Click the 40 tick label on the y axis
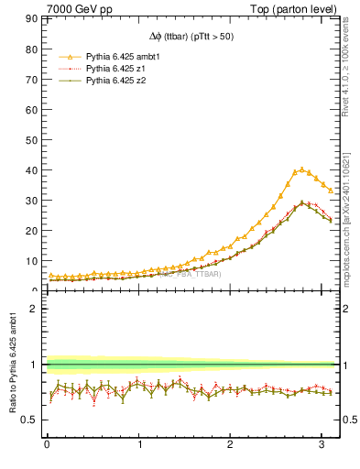click(30, 170)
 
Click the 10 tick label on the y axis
click(30, 261)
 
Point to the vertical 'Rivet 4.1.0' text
click(352, 55)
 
